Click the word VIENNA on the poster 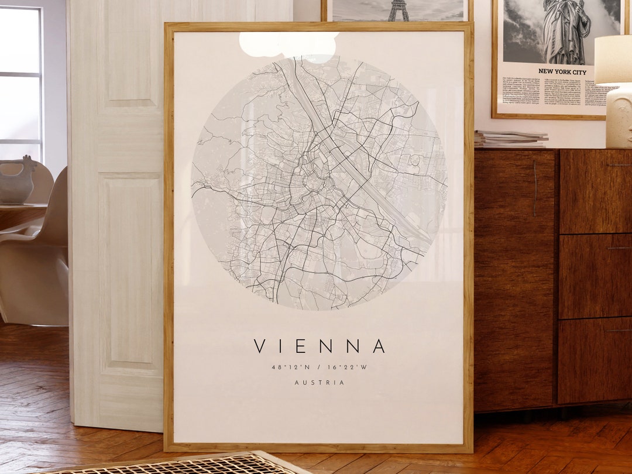click(x=320, y=346)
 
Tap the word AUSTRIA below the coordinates click(x=320, y=383)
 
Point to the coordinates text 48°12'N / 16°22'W click(x=320, y=367)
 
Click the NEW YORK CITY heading click(x=562, y=71)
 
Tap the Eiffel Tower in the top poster click(x=398, y=10)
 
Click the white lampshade click(x=613, y=59)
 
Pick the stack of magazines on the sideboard click(x=510, y=139)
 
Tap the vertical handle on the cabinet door click(x=534, y=188)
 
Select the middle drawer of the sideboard click(x=595, y=276)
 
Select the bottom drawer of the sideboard click(x=595, y=360)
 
